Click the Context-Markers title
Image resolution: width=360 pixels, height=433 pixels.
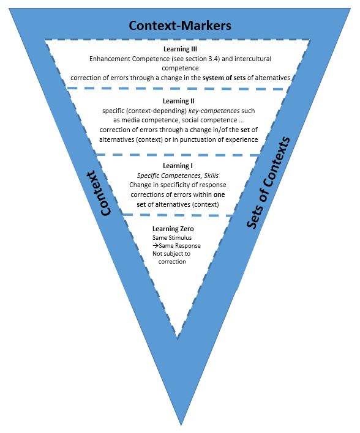click(180, 26)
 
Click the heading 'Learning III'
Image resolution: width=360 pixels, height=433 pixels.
click(180, 50)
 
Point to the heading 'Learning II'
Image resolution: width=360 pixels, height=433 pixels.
click(179, 101)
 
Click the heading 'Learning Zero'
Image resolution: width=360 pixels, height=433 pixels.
click(176, 229)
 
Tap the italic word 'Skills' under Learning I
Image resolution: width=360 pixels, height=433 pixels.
click(208, 176)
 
